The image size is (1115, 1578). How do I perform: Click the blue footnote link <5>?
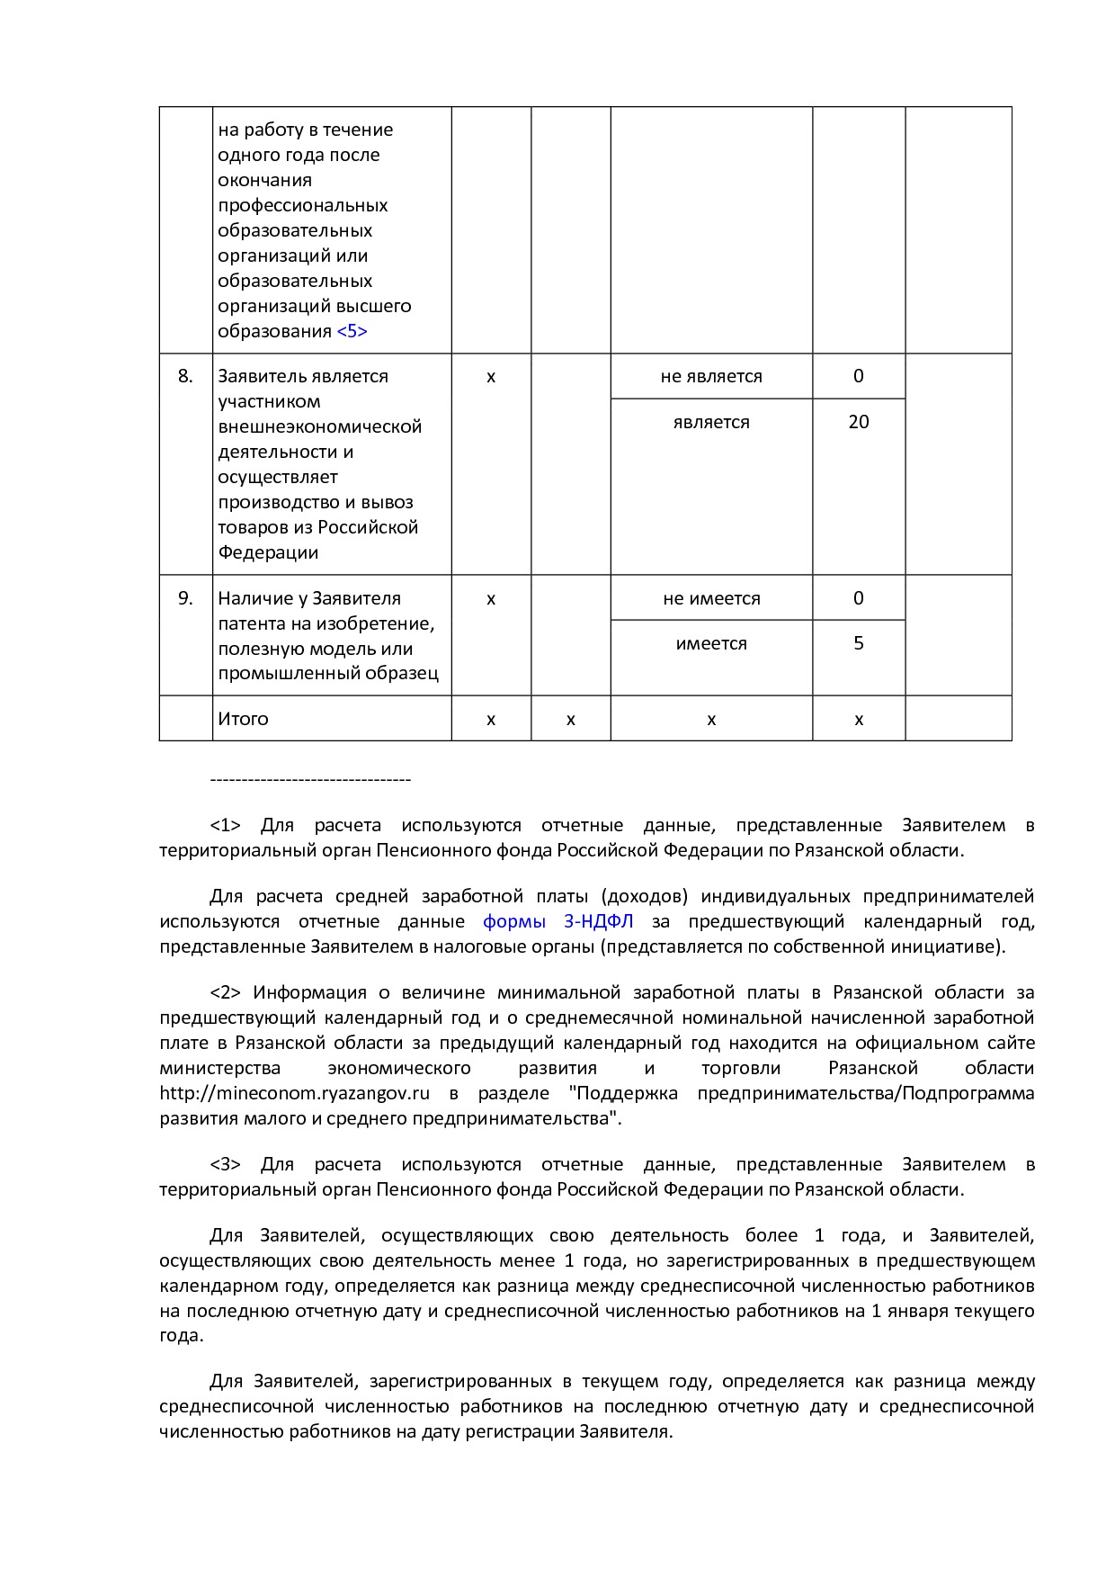click(352, 331)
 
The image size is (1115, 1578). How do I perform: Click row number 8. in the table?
click(185, 376)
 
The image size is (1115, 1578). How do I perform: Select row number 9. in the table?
click(185, 598)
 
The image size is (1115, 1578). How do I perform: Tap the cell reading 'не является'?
click(711, 376)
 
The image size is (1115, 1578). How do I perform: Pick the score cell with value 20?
click(859, 421)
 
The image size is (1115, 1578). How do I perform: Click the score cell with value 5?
click(859, 643)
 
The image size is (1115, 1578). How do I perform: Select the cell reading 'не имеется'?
click(711, 598)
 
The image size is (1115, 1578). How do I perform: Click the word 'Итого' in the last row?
click(243, 719)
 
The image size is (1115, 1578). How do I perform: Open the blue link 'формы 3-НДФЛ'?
click(557, 921)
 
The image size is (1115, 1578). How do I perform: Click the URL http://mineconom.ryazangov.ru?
click(294, 1093)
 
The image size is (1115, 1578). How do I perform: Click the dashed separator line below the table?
click(309, 780)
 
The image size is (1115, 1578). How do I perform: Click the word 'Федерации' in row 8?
click(268, 552)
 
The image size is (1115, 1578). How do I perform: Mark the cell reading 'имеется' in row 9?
click(711, 643)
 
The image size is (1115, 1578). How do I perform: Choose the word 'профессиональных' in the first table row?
click(302, 205)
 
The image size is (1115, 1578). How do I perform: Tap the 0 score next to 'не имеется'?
click(859, 598)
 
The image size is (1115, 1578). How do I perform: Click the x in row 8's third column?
click(491, 376)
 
